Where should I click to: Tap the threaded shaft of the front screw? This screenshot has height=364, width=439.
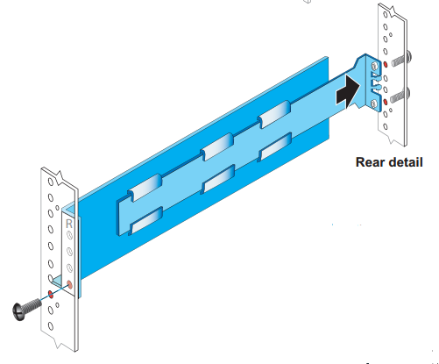pyautogui.click(x=32, y=306)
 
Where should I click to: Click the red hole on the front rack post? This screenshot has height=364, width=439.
pyautogui.click(x=51, y=294)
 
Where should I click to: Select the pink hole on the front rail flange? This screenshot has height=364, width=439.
pyautogui.click(x=69, y=284)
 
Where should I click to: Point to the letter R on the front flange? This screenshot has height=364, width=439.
pyautogui.click(x=69, y=224)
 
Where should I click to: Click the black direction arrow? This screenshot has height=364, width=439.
pyautogui.click(x=348, y=91)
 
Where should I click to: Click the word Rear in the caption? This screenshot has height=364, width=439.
pyautogui.click(x=369, y=162)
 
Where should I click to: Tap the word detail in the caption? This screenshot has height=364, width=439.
pyautogui.click(x=404, y=162)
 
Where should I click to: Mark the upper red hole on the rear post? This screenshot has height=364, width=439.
pyautogui.click(x=386, y=64)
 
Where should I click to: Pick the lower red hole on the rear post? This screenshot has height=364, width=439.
pyautogui.click(x=386, y=102)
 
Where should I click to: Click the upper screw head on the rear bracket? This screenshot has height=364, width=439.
pyautogui.click(x=374, y=66)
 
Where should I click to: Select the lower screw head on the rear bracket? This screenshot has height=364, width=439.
pyautogui.click(x=374, y=103)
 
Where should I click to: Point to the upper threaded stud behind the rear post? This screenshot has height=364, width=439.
pyautogui.click(x=401, y=60)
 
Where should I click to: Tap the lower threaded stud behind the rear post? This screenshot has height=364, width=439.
pyautogui.click(x=400, y=96)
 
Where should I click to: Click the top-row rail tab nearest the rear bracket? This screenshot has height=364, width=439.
pyautogui.click(x=274, y=114)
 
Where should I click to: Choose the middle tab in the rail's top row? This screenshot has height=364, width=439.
pyautogui.click(x=217, y=146)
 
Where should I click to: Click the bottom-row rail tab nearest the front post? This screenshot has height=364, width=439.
pyautogui.click(x=145, y=220)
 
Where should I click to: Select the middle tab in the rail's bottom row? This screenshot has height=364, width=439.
pyautogui.click(x=218, y=179)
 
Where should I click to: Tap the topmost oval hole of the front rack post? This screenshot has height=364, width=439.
pyautogui.click(x=51, y=182)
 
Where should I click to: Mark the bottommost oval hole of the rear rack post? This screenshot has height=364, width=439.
pyautogui.click(x=386, y=126)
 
